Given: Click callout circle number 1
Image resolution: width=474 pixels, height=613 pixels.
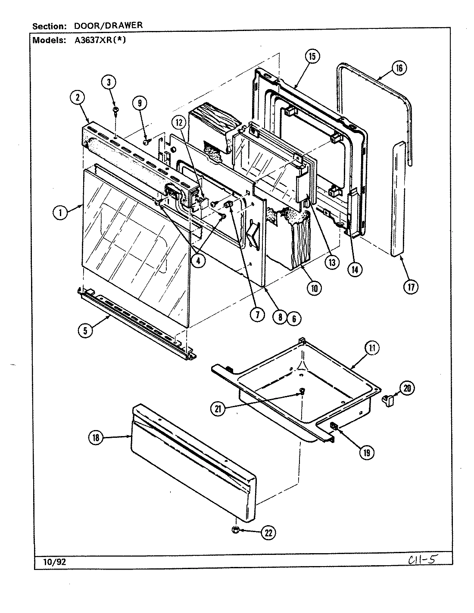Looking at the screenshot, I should pyautogui.click(x=61, y=212).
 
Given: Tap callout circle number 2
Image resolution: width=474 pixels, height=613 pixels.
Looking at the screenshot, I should pyautogui.click(x=78, y=98).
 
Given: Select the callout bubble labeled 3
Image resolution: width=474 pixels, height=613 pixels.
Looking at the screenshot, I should pyautogui.click(x=109, y=82).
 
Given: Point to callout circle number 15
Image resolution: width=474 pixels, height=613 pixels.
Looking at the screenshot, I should pyautogui.click(x=312, y=56).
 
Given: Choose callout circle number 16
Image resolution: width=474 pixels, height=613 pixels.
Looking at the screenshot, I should pyautogui.click(x=399, y=68).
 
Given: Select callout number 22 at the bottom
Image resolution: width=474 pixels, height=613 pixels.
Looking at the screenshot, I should pyautogui.click(x=268, y=533).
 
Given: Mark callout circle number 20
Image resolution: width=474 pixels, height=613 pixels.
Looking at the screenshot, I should pyautogui.click(x=407, y=388).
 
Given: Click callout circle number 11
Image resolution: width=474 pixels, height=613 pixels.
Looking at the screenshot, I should pyautogui.click(x=371, y=348).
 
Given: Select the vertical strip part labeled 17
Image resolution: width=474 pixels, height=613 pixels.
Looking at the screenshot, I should pyautogui.click(x=399, y=198).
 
